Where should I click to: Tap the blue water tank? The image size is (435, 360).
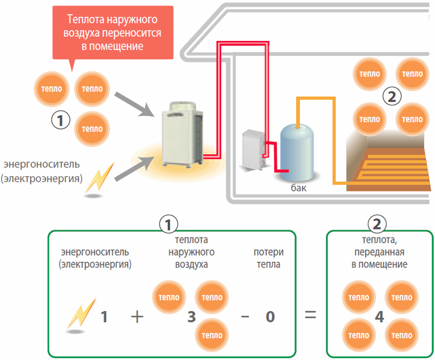click(x=298, y=150)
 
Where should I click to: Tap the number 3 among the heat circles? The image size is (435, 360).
click(x=191, y=317)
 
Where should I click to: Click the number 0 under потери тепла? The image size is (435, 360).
click(x=270, y=317)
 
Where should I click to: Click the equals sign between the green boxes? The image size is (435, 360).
click(x=311, y=316)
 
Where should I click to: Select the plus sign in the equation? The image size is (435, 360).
click(x=137, y=317)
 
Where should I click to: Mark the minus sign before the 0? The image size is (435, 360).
click(x=245, y=317)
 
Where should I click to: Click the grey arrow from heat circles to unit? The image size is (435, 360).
click(x=130, y=102)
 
